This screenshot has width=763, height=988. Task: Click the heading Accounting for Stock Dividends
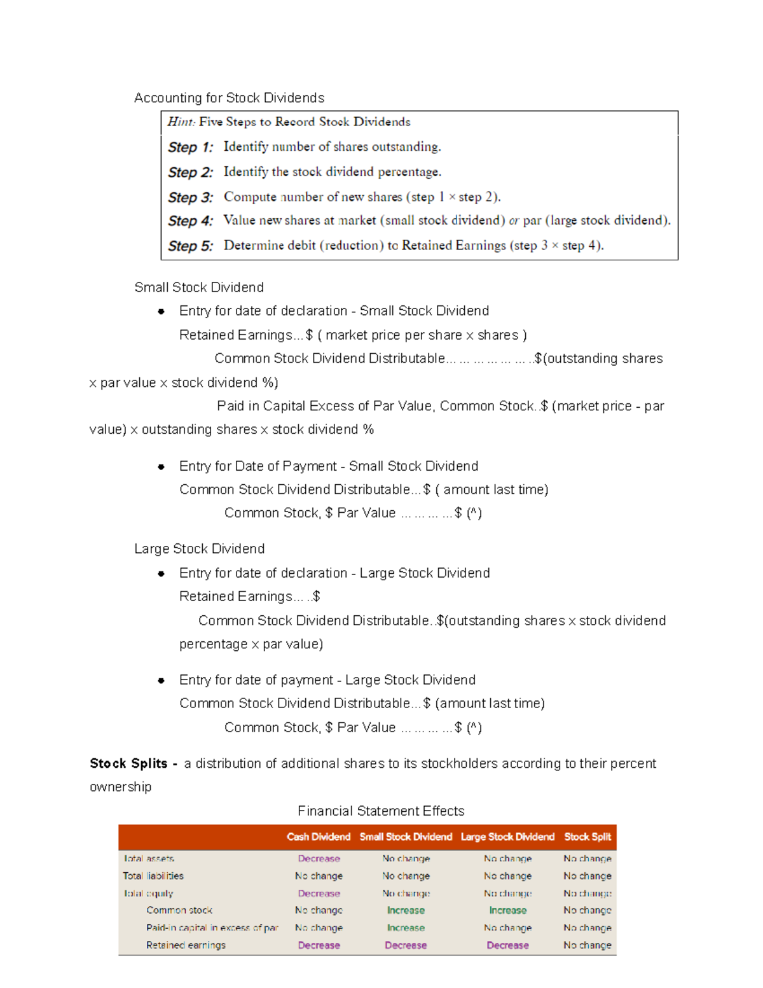point(229,98)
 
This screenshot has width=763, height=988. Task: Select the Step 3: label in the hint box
point(190,197)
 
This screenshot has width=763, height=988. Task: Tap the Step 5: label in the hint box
point(190,246)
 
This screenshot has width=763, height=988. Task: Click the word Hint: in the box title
point(181,122)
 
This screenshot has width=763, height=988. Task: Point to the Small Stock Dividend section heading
point(199,288)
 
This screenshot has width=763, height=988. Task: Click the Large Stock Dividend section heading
point(200,549)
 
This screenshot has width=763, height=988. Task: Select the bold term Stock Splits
point(128,763)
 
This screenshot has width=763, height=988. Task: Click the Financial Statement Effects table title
point(381,811)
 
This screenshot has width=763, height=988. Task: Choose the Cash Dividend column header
point(319,837)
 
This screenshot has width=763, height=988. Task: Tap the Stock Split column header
point(588,837)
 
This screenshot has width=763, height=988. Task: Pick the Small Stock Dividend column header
point(406,837)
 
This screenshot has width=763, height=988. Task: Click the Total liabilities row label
point(153,876)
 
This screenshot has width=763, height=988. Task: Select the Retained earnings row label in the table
point(186,945)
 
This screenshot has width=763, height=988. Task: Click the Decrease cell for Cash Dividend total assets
point(319,859)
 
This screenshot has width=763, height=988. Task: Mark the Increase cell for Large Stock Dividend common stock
point(508,911)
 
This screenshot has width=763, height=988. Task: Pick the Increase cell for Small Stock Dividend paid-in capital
point(406,928)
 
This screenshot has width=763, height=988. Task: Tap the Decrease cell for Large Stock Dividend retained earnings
point(508,945)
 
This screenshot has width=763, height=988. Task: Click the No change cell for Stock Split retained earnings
point(588,945)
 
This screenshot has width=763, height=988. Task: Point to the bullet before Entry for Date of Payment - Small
point(162,467)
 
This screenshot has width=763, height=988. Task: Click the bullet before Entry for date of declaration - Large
point(162,574)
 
